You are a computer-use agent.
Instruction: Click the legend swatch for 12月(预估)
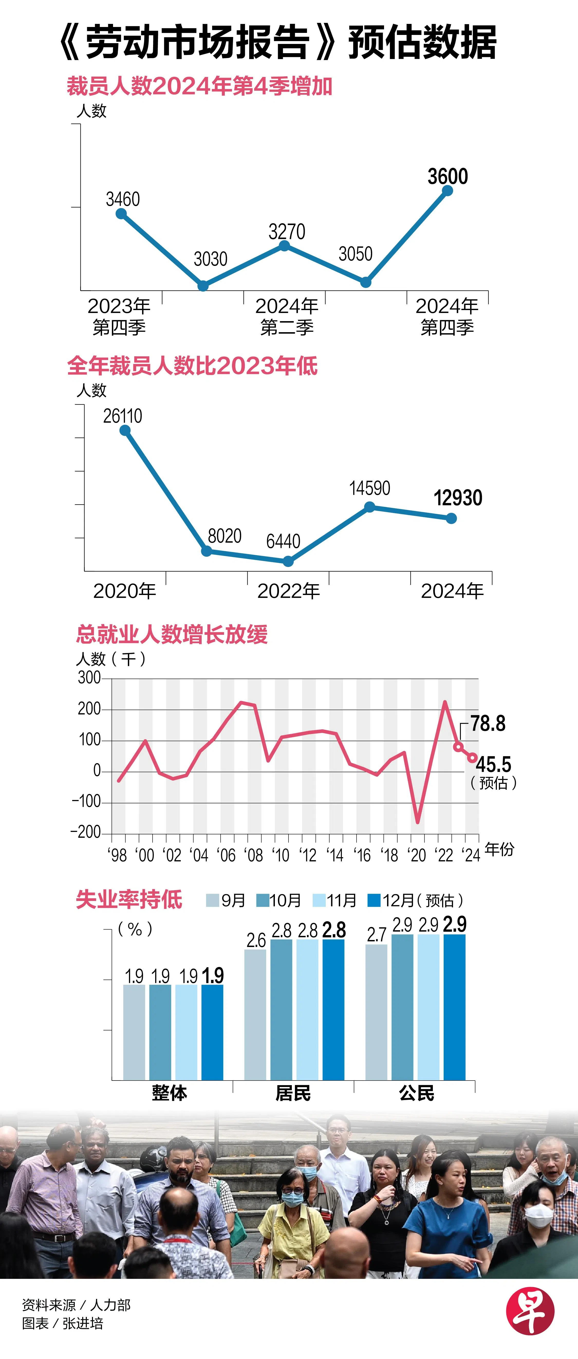coord(374,900)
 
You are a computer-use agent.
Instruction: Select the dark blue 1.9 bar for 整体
coord(212,1032)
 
